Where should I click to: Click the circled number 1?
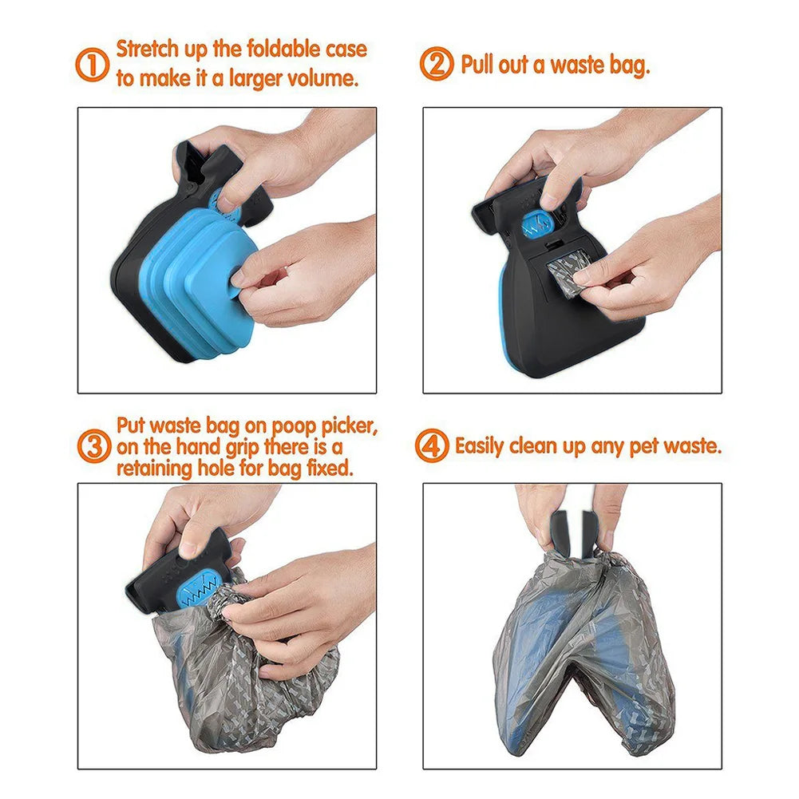click(x=93, y=65)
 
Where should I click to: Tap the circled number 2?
click(x=437, y=65)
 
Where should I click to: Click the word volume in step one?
click(x=318, y=78)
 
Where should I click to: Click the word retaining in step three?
click(x=157, y=469)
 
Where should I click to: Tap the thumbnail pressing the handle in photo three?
click(x=192, y=548)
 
